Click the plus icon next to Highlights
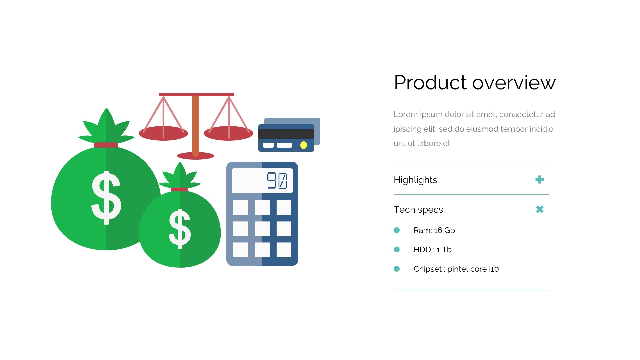coord(540,180)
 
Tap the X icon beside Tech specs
coord(540,209)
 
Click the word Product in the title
coord(430,82)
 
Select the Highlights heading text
coord(415,180)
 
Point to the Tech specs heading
coord(418,210)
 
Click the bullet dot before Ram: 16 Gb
coord(397,230)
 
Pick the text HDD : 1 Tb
coord(433,250)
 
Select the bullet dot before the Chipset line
coord(397,269)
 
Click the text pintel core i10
coord(473,269)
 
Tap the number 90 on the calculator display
coord(277,181)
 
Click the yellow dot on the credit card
coord(304,145)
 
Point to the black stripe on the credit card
coord(286,134)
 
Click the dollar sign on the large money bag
coord(106,197)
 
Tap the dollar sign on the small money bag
coord(180,229)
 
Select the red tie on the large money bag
coord(106,145)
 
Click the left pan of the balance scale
coord(163,133)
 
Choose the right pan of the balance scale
coord(229,133)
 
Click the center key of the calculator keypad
coord(262,229)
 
